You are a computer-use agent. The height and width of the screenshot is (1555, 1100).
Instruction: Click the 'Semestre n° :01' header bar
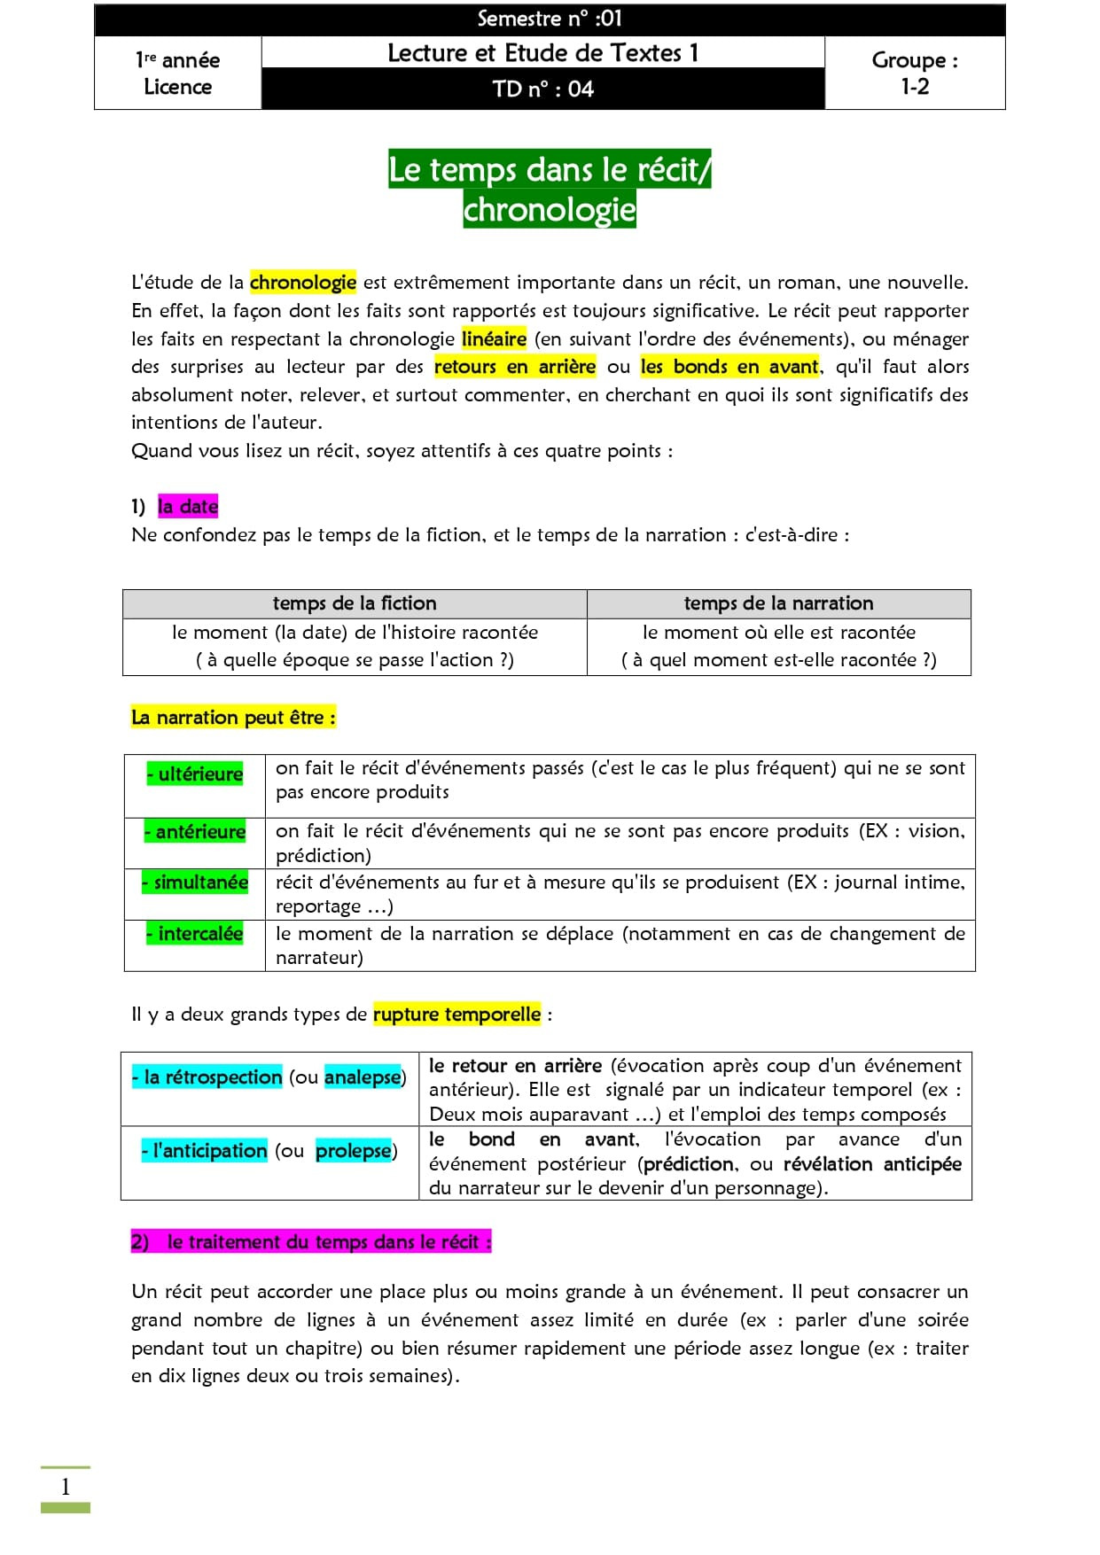(x=550, y=19)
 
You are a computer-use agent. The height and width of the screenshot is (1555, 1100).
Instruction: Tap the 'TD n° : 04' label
(x=542, y=89)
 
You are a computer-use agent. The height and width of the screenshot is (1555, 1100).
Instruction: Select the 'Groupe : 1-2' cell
(x=915, y=73)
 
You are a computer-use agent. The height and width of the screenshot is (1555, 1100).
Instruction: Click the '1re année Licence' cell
(x=177, y=73)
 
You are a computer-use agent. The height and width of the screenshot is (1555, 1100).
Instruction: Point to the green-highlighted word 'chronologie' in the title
(x=550, y=210)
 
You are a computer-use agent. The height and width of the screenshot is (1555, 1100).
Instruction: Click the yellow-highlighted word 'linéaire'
(x=495, y=339)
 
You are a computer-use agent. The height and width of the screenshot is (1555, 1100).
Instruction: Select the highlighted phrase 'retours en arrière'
(x=515, y=367)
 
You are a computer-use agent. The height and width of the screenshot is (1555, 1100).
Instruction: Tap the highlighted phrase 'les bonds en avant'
(x=729, y=367)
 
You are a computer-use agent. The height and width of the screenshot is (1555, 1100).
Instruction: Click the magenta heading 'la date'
(x=188, y=507)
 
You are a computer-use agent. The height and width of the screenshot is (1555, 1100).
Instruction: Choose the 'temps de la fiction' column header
(x=355, y=603)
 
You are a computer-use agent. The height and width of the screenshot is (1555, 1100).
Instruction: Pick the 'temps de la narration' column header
(x=778, y=603)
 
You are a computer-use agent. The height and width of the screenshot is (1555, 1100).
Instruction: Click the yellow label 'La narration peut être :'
(x=234, y=718)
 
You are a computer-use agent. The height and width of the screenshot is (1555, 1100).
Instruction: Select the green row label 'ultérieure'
(x=195, y=774)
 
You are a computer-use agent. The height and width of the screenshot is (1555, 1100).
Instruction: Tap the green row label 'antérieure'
(x=195, y=832)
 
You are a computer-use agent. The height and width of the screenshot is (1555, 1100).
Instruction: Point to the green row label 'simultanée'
(x=195, y=882)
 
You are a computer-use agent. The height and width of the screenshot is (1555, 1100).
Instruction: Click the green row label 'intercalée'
(x=195, y=934)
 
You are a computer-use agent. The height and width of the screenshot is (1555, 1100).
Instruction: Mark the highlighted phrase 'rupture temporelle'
(x=456, y=1015)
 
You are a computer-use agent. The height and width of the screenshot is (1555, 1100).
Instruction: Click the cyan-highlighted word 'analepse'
(x=363, y=1077)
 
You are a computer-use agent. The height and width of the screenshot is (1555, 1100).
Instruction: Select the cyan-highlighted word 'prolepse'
(x=353, y=1151)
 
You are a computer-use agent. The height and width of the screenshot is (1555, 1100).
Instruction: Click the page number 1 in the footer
(x=66, y=1488)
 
